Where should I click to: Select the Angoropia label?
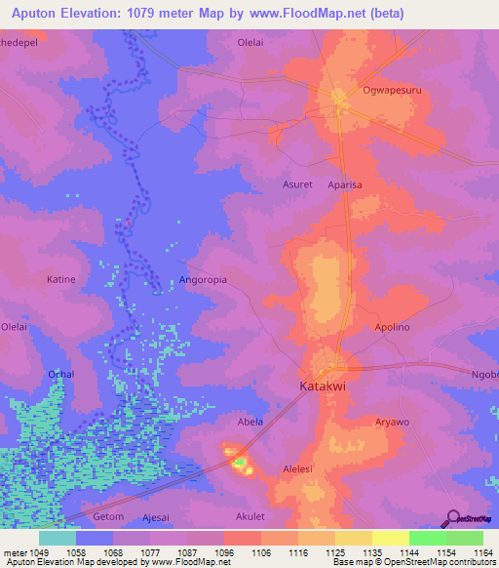[x=203, y=280]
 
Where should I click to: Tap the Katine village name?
[x=60, y=280]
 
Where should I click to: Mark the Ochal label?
[x=60, y=374]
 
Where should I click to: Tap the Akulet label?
[x=250, y=515]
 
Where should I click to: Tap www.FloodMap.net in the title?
[x=309, y=13]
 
